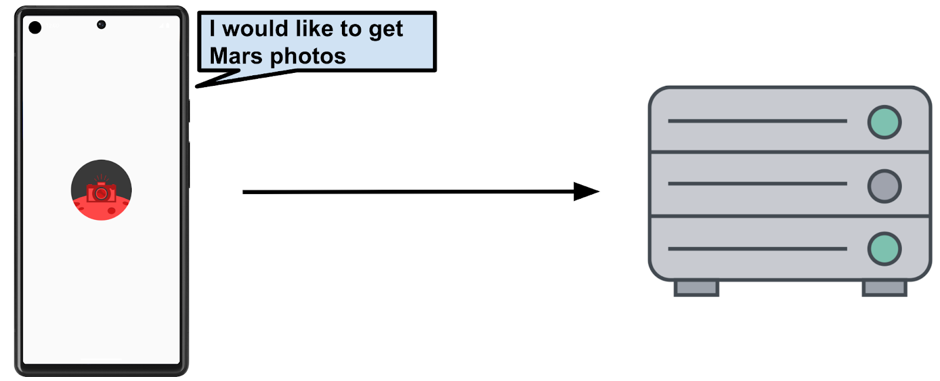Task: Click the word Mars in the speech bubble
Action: pyautogui.click(x=236, y=56)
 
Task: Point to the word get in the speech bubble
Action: pyautogui.click(x=385, y=30)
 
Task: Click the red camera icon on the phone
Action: pyautogui.click(x=101, y=192)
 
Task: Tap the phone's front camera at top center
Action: pyautogui.click(x=101, y=25)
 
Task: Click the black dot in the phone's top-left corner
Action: pyautogui.click(x=35, y=27)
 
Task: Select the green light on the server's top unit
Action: pyautogui.click(x=884, y=122)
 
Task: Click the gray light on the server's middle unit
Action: pyautogui.click(x=884, y=186)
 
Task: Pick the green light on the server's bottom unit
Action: pyautogui.click(x=884, y=249)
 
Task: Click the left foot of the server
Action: pyautogui.click(x=696, y=288)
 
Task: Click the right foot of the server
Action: pyautogui.click(x=884, y=288)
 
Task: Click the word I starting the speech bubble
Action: pyautogui.click(x=213, y=29)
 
